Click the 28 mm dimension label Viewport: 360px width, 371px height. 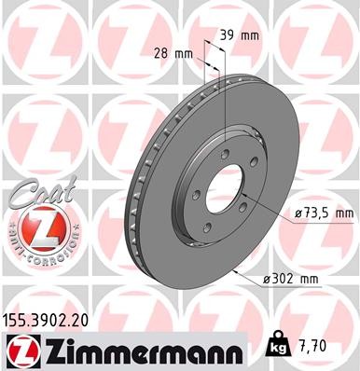coord(173,54)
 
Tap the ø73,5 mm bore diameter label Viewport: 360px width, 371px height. coord(323,213)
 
